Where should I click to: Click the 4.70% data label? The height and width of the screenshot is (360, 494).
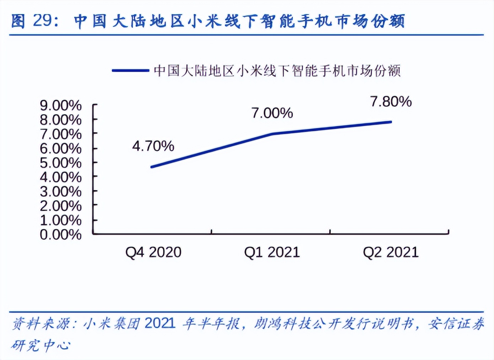[153, 146]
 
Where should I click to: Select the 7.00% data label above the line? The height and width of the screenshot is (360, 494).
[272, 113]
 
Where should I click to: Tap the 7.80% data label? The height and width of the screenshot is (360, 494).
[391, 102]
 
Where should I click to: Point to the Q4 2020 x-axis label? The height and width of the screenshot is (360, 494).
[153, 252]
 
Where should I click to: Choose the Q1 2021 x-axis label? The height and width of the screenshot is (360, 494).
[272, 252]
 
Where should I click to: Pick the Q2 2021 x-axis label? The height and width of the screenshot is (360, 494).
[391, 252]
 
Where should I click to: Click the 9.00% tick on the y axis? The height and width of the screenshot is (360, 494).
[61, 106]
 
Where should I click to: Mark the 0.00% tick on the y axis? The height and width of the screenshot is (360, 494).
[61, 235]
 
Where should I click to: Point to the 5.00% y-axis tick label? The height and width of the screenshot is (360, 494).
[61, 163]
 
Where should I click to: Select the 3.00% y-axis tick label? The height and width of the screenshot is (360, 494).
[61, 192]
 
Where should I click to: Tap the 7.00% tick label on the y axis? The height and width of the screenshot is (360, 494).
[61, 134]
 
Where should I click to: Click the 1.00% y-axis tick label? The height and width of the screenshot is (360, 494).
[61, 221]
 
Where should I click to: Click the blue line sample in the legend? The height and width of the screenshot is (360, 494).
[130, 70]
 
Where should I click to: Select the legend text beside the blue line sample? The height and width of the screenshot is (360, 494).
[277, 71]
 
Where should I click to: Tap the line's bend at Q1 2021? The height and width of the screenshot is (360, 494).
[272, 134]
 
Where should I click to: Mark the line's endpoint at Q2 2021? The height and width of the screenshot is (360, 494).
[391, 122]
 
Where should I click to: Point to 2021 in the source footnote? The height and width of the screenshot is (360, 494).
[160, 323]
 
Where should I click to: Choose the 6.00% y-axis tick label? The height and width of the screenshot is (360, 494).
[61, 149]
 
